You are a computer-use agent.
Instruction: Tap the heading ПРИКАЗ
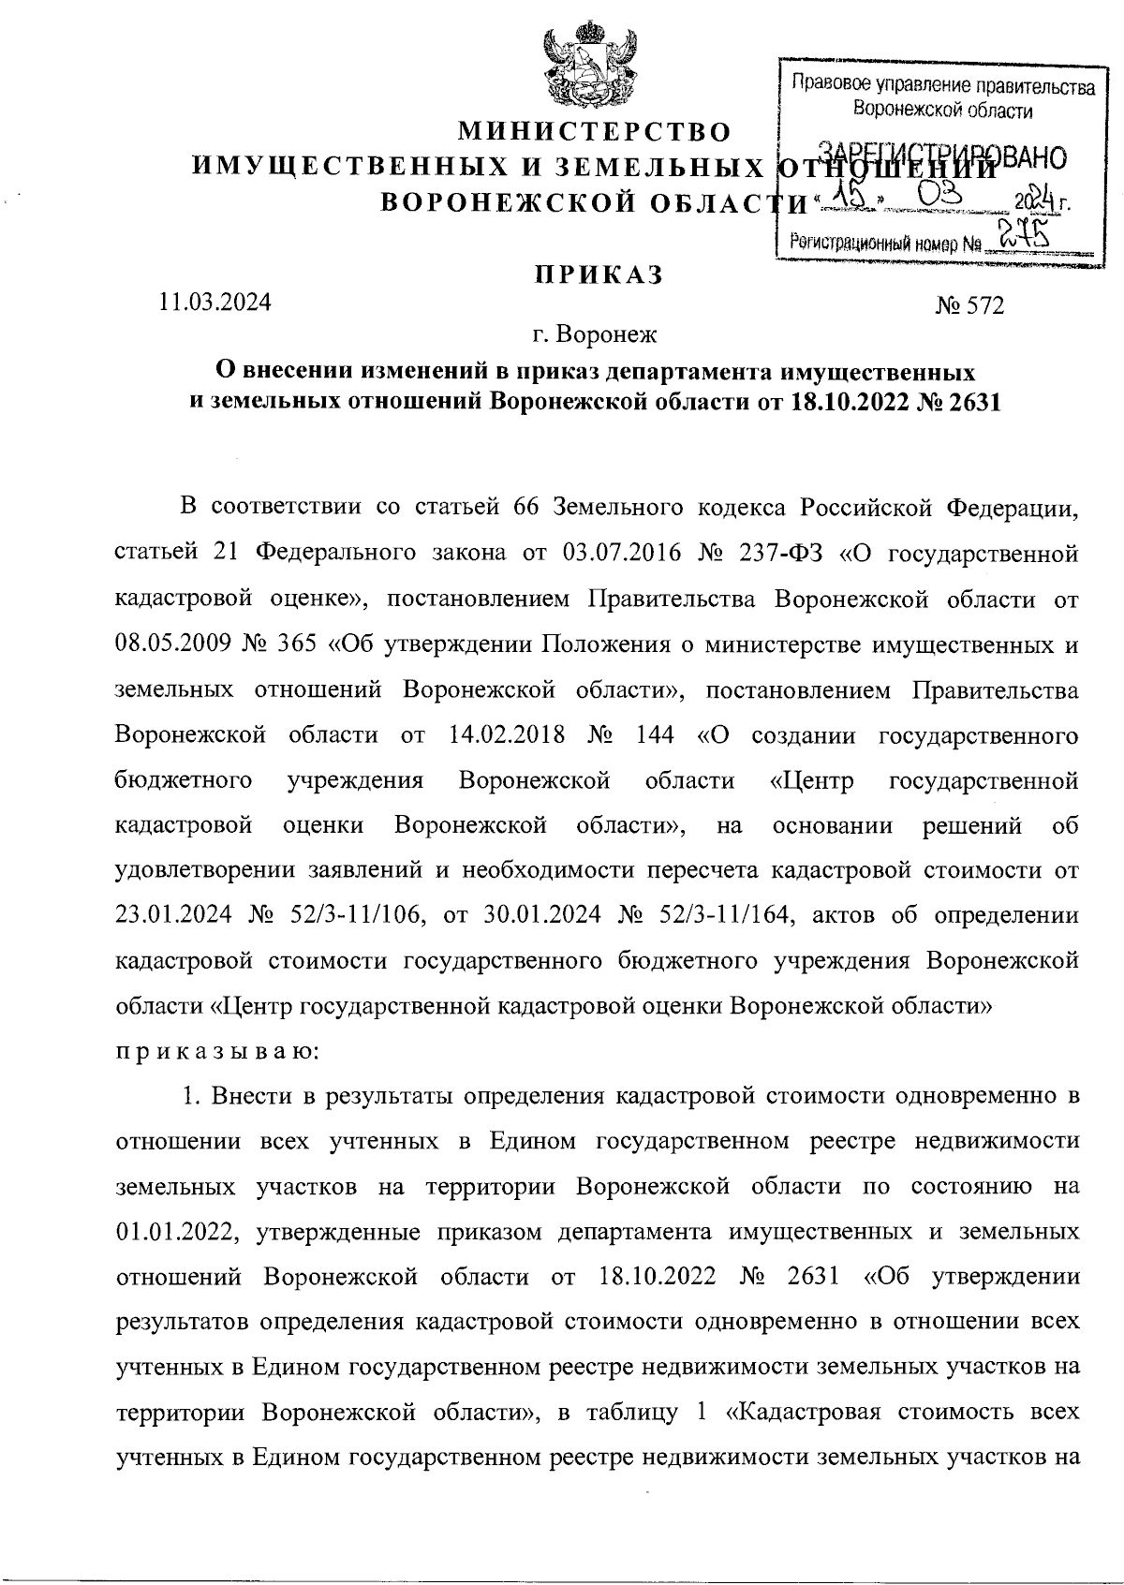click(x=599, y=274)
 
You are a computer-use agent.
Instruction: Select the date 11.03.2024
click(x=215, y=302)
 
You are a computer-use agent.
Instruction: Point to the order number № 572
click(x=969, y=305)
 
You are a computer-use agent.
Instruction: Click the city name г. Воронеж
click(x=595, y=333)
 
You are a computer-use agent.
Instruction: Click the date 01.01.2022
click(x=173, y=1231)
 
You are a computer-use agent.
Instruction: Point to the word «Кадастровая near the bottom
click(x=806, y=1411)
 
